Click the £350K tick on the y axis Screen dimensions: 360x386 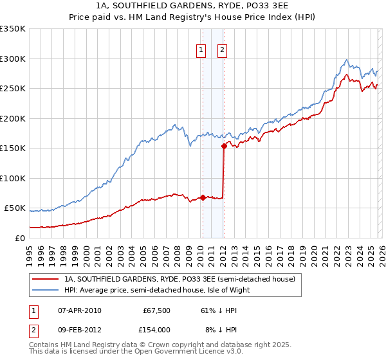pos(13,29)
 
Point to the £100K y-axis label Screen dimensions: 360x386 pos(13,178)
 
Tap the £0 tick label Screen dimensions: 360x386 pos(19,238)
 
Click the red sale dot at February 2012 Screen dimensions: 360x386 pos(224,147)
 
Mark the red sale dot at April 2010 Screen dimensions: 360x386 pos(203,197)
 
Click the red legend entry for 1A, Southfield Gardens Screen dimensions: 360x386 pos(179,279)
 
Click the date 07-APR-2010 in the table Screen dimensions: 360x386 pos(79,310)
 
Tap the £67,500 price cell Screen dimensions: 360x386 pos(156,310)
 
